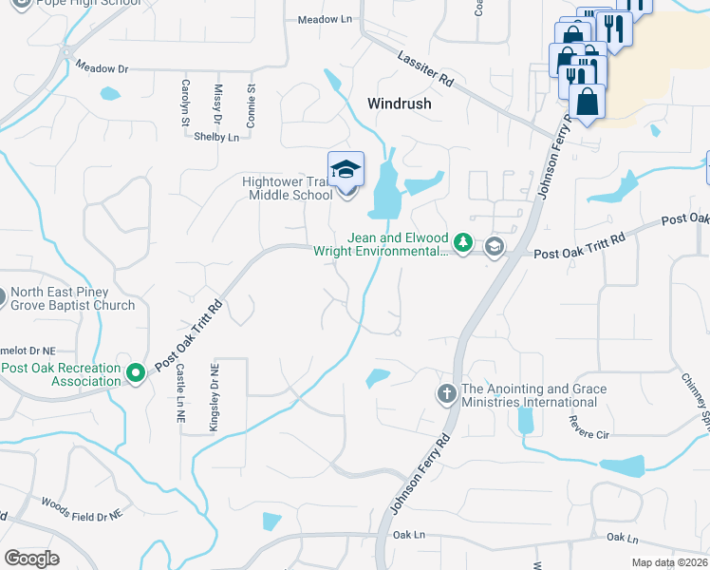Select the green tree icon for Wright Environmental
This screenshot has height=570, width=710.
click(462, 243)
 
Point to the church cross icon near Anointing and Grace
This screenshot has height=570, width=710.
click(446, 393)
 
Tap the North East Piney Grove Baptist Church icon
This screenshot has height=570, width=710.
click(4, 299)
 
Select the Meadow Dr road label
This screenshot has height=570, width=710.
click(102, 68)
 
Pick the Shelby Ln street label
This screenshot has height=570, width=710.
click(216, 137)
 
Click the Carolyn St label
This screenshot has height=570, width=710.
click(185, 102)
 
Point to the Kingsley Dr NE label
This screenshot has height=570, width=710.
click(215, 392)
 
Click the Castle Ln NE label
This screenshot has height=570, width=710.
click(178, 397)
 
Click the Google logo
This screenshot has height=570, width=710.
click(30, 558)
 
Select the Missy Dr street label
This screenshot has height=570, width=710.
click(217, 104)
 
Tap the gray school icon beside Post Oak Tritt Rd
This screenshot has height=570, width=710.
click(494, 248)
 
